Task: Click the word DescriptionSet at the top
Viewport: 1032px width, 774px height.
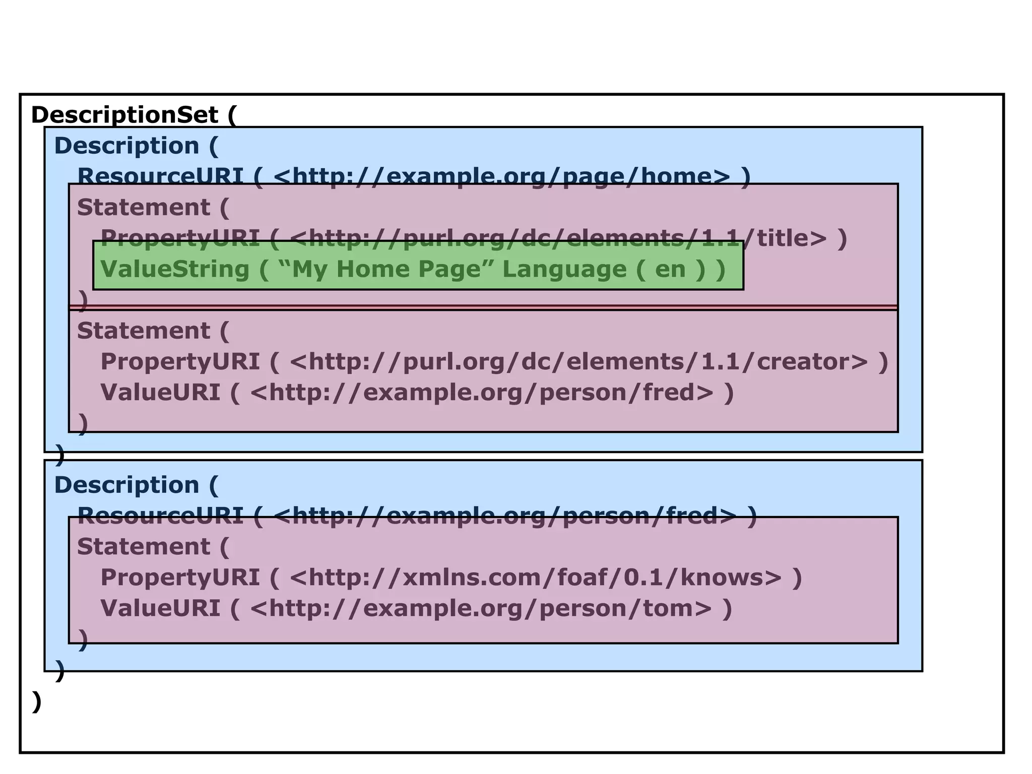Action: tap(124, 115)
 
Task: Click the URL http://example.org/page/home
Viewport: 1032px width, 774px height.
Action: tap(501, 176)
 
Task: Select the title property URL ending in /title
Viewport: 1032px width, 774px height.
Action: tap(558, 238)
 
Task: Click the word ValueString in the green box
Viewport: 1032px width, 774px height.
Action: tap(175, 269)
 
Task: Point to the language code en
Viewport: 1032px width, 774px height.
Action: tap(670, 269)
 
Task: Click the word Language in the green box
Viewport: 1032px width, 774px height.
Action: tap(564, 269)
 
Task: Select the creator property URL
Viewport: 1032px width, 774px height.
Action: tap(579, 362)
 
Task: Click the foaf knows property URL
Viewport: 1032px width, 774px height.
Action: tap(535, 577)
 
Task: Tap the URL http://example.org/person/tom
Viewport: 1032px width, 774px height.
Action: tap(481, 608)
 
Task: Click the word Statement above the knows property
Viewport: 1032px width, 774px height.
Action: tap(143, 547)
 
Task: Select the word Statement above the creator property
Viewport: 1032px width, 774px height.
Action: tap(143, 331)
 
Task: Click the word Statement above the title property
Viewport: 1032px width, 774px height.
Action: tap(143, 208)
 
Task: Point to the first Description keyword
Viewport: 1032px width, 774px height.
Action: tap(126, 146)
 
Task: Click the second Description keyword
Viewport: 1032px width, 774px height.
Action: tap(126, 485)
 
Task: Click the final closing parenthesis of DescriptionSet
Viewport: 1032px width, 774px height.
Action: tap(36, 701)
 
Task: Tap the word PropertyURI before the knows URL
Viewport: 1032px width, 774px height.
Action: tap(180, 577)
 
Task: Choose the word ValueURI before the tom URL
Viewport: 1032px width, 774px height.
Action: tap(160, 608)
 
